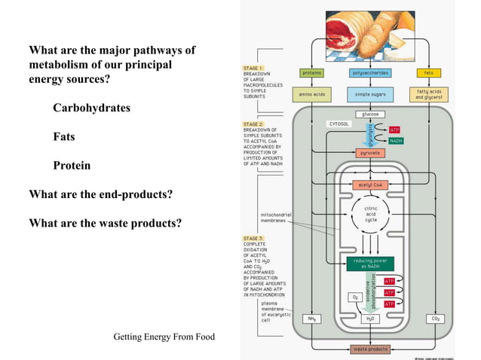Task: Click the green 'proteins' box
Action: point(311,73)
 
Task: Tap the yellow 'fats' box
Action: point(429,73)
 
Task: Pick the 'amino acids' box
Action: point(311,96)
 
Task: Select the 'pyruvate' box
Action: point(370,153)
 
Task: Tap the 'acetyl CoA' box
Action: point(370,185)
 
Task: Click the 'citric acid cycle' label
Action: point(370,213)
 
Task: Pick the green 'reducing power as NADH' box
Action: point(370,263)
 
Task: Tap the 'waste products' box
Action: point(370,349)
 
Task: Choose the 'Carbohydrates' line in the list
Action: point(91,108)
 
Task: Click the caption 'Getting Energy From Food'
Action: point(164,336)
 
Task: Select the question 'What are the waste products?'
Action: point(105,223)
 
